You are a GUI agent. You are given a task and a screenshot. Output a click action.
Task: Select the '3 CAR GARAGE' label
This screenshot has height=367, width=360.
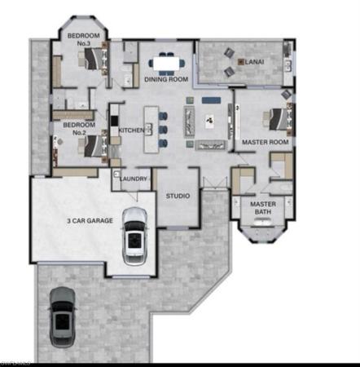[90, 220]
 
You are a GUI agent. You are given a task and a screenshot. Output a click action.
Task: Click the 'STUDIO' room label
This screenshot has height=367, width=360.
[178, 197]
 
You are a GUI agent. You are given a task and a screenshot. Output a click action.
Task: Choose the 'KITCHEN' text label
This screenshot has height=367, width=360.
[131, 130]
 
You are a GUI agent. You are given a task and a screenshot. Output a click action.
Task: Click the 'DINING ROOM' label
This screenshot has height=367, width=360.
[166, 80]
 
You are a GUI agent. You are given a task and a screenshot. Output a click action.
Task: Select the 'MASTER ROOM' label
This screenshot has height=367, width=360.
[266, 142]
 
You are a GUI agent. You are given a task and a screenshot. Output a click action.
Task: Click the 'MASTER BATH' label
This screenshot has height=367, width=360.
[262, 208]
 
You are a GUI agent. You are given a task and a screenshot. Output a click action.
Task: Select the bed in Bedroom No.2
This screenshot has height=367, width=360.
[91, 145]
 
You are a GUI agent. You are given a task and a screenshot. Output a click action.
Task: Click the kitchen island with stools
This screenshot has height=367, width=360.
[151, 126]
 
